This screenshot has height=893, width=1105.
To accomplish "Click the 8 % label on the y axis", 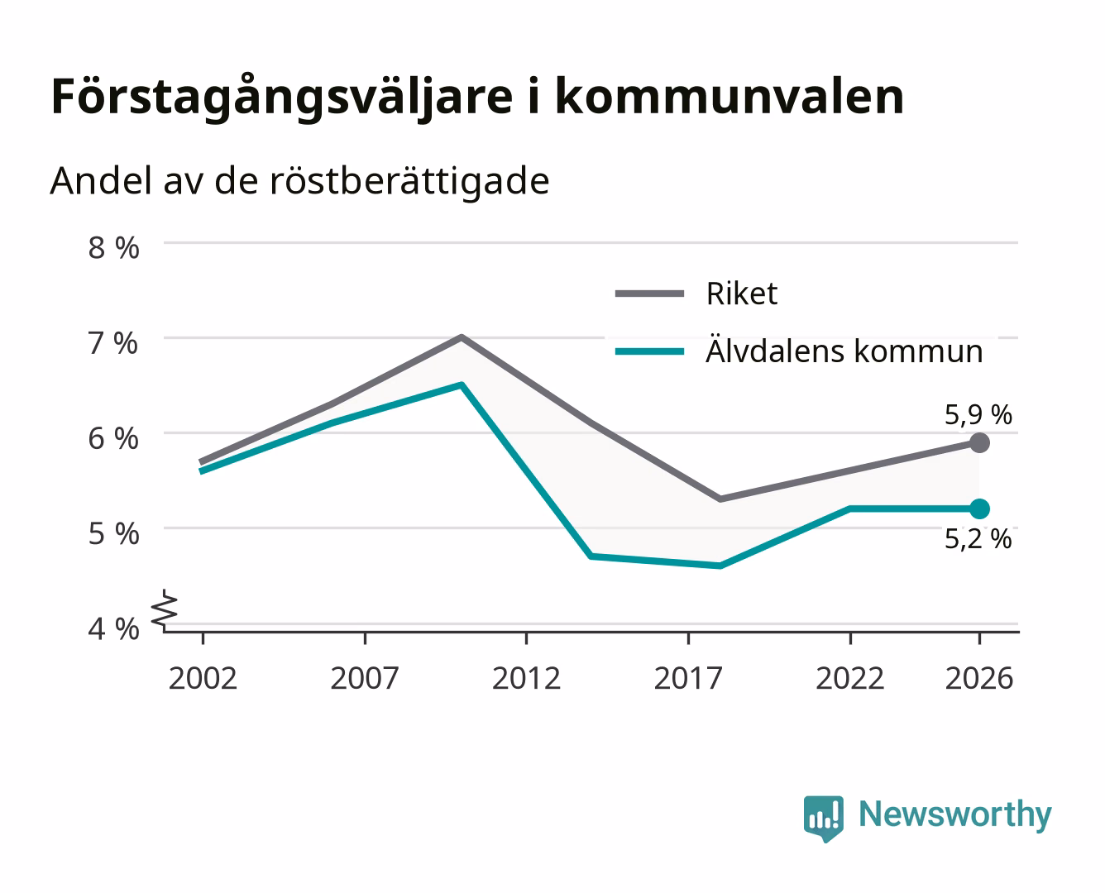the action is coord(113,248).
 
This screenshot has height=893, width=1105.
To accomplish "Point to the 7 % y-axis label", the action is coord(113,343).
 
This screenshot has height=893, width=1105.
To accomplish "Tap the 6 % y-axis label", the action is coord(113,439).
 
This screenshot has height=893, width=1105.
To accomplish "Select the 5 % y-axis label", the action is coord(113,533).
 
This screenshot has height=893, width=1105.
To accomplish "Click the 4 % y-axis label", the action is coord(113,629).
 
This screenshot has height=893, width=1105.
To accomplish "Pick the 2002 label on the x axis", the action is coord(203,678).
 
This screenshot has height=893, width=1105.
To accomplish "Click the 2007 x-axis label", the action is coord(365,678).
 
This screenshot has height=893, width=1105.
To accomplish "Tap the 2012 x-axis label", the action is coord(527,678).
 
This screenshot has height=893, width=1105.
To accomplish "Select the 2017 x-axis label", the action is coord(688,678).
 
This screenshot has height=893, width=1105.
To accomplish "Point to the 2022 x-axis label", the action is coord(850,678).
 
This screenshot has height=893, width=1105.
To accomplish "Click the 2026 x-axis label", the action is coord(979,678).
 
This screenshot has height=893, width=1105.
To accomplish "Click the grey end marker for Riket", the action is coord(979,443).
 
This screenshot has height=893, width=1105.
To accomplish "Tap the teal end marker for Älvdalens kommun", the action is coord(979,509).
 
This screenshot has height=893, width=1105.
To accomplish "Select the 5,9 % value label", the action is coord(978,415).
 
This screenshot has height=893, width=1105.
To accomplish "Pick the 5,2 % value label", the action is coord(978,539).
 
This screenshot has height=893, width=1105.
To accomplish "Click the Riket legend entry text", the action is coord(742,294).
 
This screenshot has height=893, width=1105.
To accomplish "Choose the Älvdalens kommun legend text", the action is coord(844,351).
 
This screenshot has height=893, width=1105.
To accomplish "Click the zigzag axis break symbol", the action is coord(165,610).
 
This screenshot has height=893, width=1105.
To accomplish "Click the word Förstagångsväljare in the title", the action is coord(282,98).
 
